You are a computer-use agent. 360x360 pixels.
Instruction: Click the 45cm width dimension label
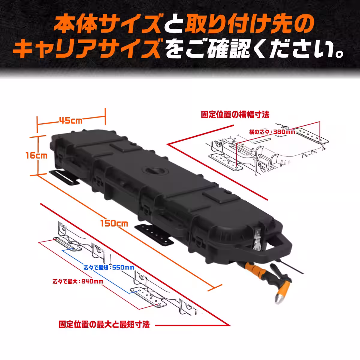71,121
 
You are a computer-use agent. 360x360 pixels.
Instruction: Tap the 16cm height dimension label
37,155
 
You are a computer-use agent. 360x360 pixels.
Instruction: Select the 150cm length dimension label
114,223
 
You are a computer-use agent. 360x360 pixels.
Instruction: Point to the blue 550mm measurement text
109,268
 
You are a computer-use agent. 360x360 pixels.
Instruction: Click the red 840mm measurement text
78,281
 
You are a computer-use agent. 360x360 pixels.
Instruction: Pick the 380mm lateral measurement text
272,132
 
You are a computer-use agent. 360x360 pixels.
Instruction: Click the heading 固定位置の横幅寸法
235,114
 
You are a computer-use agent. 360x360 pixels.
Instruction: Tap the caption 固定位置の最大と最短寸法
104,324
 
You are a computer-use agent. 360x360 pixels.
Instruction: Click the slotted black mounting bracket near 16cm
64,177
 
